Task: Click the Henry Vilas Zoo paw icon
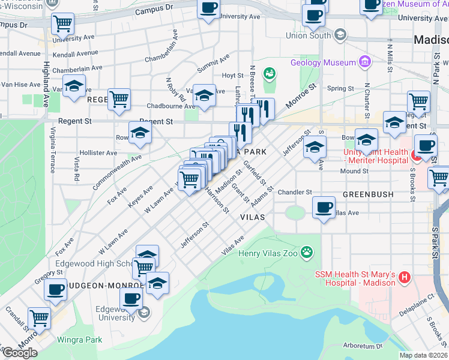pos(308,253)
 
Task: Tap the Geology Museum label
pos(322,62)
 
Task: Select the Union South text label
pos(308,35)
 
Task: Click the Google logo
pos(20,352)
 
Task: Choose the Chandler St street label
pos(295,193)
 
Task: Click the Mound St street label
pos(355,171)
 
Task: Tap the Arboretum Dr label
pos(363,346)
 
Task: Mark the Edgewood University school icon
pos(143,312)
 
